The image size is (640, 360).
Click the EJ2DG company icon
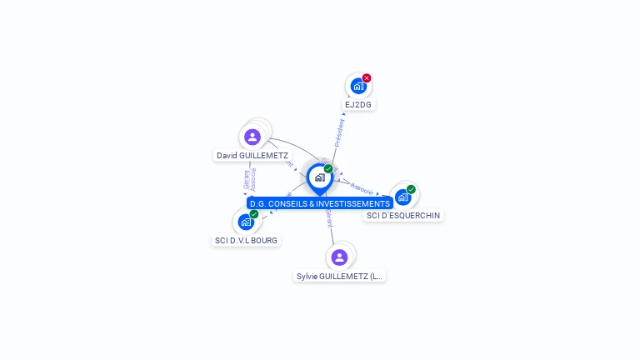tap(357, 86)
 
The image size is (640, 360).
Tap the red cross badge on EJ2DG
tap(367, 78)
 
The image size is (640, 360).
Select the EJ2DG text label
tap(358, 105)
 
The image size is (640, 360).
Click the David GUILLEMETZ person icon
tap(252, 137)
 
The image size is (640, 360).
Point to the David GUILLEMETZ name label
tap(252, 156)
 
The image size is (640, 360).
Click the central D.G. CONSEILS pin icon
tap(319, 177)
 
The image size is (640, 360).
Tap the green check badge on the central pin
tap(328, 169)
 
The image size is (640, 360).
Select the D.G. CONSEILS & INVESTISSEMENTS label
tap(319, 203)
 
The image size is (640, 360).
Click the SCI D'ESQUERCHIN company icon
tap(402, 197)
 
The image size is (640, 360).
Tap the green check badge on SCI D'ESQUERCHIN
tap(411, 189)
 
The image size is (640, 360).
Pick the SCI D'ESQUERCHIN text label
tap(403, 216)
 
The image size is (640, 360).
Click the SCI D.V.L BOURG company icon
tap(245, 222)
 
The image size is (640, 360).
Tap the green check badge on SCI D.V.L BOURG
tap(254, 214)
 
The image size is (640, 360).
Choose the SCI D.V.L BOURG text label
tap(246, 240)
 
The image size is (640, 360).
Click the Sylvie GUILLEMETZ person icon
tap(339, 257)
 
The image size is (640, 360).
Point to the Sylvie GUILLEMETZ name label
tap(340, 276)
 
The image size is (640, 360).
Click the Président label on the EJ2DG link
tap(339, 132)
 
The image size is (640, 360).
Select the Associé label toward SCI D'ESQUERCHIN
tap(362, 187)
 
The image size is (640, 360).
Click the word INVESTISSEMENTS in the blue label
tap(350, 203)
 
